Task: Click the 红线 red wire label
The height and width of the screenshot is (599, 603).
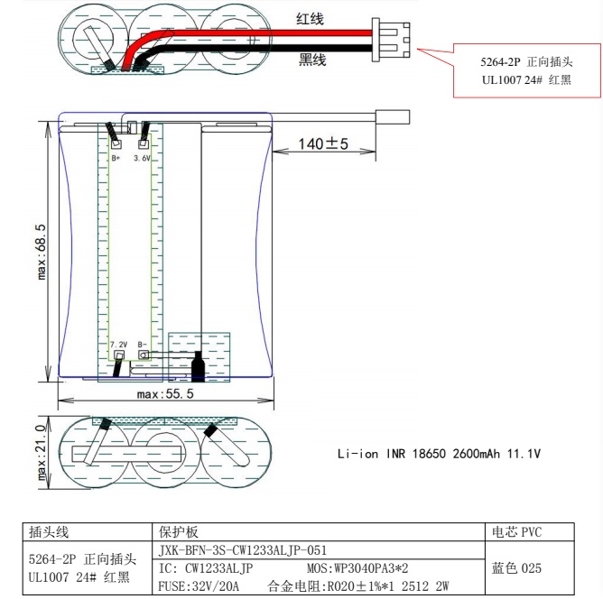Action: [x=310, y=19]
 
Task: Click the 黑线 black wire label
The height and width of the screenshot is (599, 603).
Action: [x=312, y=60]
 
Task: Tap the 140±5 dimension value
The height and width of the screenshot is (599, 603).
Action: [x=323, y=143]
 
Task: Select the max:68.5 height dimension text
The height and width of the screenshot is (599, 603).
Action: [x=42, y=252]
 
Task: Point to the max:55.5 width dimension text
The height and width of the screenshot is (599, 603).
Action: [x=165, y=394]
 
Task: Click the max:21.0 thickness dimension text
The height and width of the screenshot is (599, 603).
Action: [x=42, y=453]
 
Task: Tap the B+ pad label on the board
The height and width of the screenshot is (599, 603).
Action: [x=116, y=158]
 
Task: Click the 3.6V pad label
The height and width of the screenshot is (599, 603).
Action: [x=142, y=158]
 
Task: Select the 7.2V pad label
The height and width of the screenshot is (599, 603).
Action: [x=118, y=345]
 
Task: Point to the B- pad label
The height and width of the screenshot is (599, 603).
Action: [x=143, y=345]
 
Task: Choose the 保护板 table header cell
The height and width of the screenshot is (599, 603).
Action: [x=319, y=532]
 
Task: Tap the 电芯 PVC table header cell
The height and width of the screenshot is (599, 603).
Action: [x=530, y=532]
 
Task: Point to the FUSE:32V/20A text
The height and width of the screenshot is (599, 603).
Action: [x=199, y=586]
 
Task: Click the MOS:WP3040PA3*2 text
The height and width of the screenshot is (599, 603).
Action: [x=357, y=568]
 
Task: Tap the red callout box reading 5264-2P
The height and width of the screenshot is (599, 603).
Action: [x=527, y=70]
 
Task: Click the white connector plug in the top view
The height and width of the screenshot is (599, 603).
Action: [x=390, y=40]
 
